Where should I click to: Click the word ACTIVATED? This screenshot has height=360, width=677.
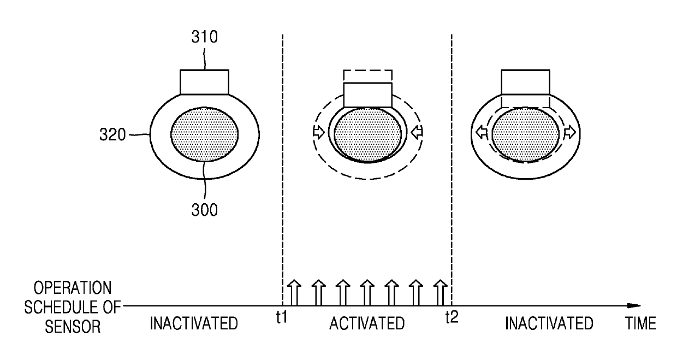coord(367,323)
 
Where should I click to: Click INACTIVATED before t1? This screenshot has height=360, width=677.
coord(194,323)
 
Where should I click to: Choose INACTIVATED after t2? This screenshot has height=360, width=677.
coord(549,323)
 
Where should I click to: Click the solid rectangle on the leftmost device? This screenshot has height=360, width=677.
coord(204,81)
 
